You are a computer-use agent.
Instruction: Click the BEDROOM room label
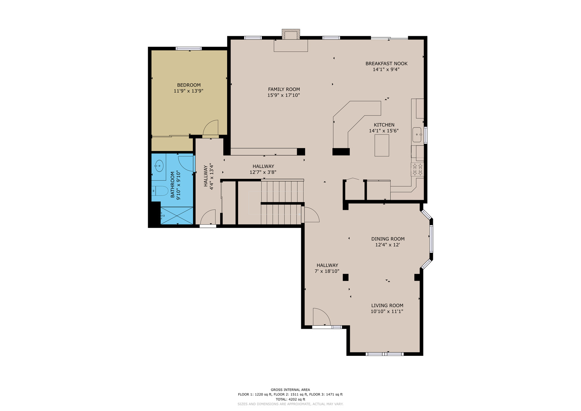189,85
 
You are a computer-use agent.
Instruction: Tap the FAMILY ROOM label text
284,89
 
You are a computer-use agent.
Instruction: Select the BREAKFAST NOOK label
387,64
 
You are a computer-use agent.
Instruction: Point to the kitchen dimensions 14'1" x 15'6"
384,131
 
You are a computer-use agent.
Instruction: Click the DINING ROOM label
388,239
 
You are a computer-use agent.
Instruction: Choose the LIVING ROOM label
387,306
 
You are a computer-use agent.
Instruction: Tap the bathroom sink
159,166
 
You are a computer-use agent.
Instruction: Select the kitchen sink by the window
417,135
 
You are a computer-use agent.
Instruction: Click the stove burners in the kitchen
417,169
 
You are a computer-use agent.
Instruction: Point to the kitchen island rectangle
382,145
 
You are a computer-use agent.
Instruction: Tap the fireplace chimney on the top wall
291,34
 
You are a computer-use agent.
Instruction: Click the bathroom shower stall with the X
177,215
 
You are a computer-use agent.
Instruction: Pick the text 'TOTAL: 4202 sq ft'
290,399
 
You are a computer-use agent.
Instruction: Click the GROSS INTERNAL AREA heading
290,389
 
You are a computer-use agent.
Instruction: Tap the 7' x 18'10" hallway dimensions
327,271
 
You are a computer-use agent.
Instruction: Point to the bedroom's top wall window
189,49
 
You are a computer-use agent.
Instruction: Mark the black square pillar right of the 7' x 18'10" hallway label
345,277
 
